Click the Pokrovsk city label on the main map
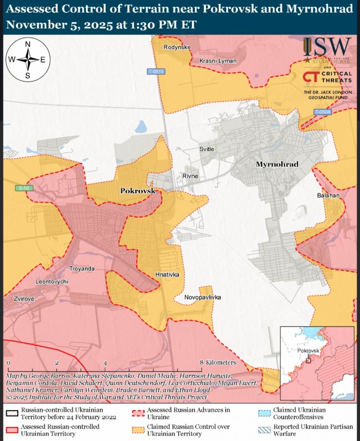click(138, 191)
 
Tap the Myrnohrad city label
click(277, 164)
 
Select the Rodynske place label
click(177, 47)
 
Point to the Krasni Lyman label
click(218, 61)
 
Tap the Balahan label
click(328, 196)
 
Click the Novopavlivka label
click(202, 297)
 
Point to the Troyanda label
click(82, 269)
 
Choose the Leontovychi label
click(52, 281)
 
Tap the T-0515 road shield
click(156, 72)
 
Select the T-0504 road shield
click(322, 111)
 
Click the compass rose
click(27, 59)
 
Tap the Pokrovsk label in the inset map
click(308, 351)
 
